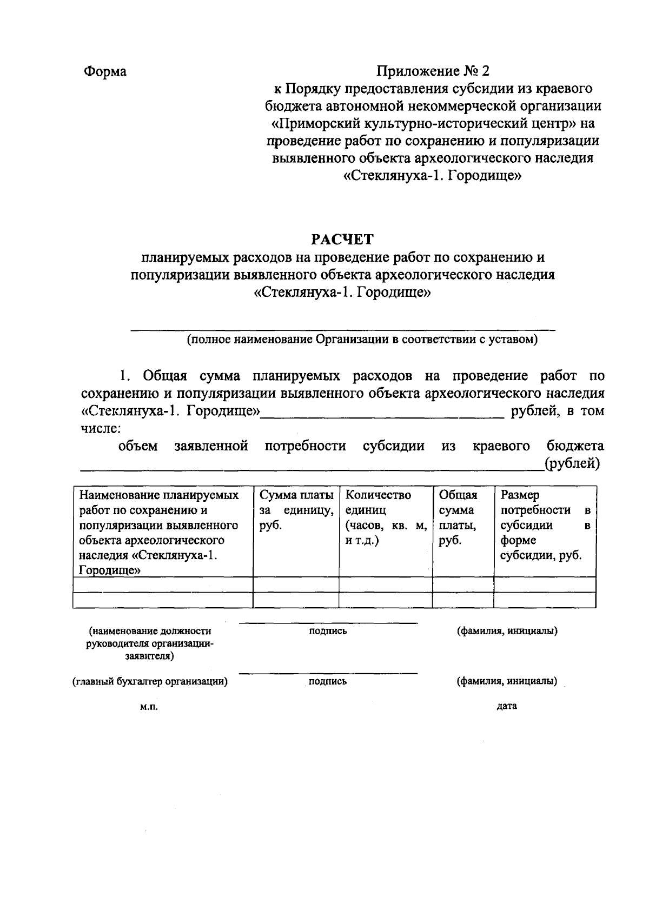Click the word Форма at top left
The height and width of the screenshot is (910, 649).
105,71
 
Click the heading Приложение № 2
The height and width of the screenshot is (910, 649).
433,71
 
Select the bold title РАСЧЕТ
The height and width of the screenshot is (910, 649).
342,240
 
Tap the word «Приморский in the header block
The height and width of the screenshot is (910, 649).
315,123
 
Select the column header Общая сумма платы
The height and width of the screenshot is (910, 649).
458,517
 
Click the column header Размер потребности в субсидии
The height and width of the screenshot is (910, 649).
544,525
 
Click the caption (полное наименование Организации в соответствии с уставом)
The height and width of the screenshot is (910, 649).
362,340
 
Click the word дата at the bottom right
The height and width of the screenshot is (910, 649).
507,706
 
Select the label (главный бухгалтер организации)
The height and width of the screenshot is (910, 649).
150,681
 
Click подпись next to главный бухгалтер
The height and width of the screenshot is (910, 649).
328,681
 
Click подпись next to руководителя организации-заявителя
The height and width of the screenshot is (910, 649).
328,631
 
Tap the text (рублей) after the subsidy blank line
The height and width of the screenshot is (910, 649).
573,463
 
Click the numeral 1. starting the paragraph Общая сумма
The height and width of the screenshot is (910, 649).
125,376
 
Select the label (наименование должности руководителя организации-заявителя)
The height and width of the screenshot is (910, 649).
150,643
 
